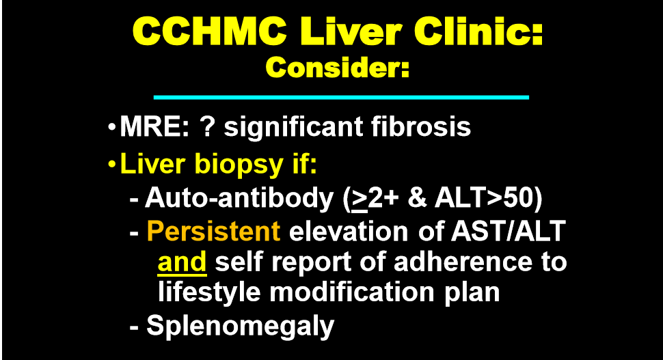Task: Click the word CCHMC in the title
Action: click(210, 31)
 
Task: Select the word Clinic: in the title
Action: click(478, 31)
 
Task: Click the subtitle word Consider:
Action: click(338, 68)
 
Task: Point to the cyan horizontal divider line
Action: click(341, 97)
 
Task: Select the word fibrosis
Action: click(421, 126)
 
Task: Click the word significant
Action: click(293, 128)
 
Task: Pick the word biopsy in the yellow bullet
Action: click(239, 165)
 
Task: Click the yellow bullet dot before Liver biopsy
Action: click(111, 164)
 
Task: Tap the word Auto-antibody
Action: click(239, 198)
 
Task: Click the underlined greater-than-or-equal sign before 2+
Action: click(360, 199)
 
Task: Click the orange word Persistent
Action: click(213, 231)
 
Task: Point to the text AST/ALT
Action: click(509, 231)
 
